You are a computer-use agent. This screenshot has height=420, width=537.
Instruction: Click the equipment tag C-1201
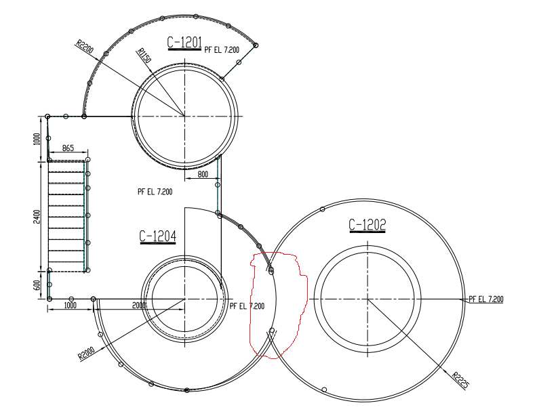(184, 43)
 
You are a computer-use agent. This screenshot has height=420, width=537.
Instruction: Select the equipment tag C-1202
(367, 224)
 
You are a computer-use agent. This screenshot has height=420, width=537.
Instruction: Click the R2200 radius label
(85, 47)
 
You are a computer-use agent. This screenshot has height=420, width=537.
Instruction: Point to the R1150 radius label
(144, 56)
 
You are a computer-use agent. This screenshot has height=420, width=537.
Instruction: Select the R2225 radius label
(460, 380)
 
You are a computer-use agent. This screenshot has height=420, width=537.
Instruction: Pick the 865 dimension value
(68, 148)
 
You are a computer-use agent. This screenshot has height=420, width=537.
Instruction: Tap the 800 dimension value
(203, 174)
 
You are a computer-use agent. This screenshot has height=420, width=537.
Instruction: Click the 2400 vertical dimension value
(37, 216)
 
